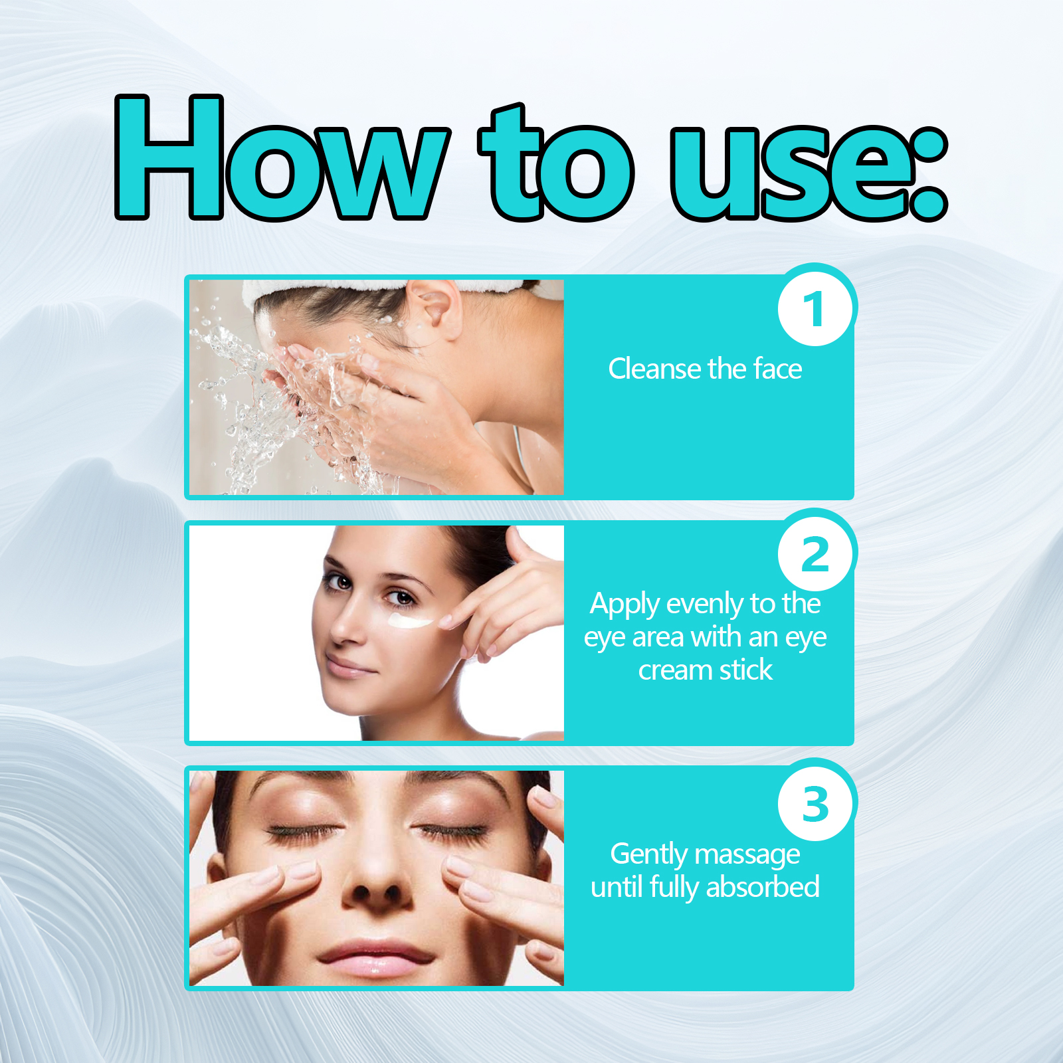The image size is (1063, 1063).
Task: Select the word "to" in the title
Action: click(556, 163)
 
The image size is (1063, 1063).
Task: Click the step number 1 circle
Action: click(815, 308)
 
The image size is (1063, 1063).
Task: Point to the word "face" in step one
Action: click(778, 369)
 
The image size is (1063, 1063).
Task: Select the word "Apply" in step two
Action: click(625, 605)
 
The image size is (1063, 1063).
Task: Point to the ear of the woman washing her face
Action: click(435, 307)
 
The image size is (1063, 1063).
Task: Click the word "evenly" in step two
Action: click(705, 605)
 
